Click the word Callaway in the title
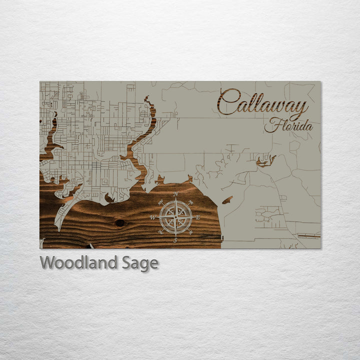(x=262, y=104)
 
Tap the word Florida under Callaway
(x=289, y=125)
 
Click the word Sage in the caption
(x=140, y=263)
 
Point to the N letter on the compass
(x=175, y=194)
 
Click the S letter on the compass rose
(x=175, y=240)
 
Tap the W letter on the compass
(x=152, y=217)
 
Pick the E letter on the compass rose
(x=198, y=217)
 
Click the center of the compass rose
(x=175, y=217)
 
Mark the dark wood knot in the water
(x=120, y=222)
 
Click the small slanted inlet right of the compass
(x=227, y=200)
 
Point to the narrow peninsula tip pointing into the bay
(x=58, y=227)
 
